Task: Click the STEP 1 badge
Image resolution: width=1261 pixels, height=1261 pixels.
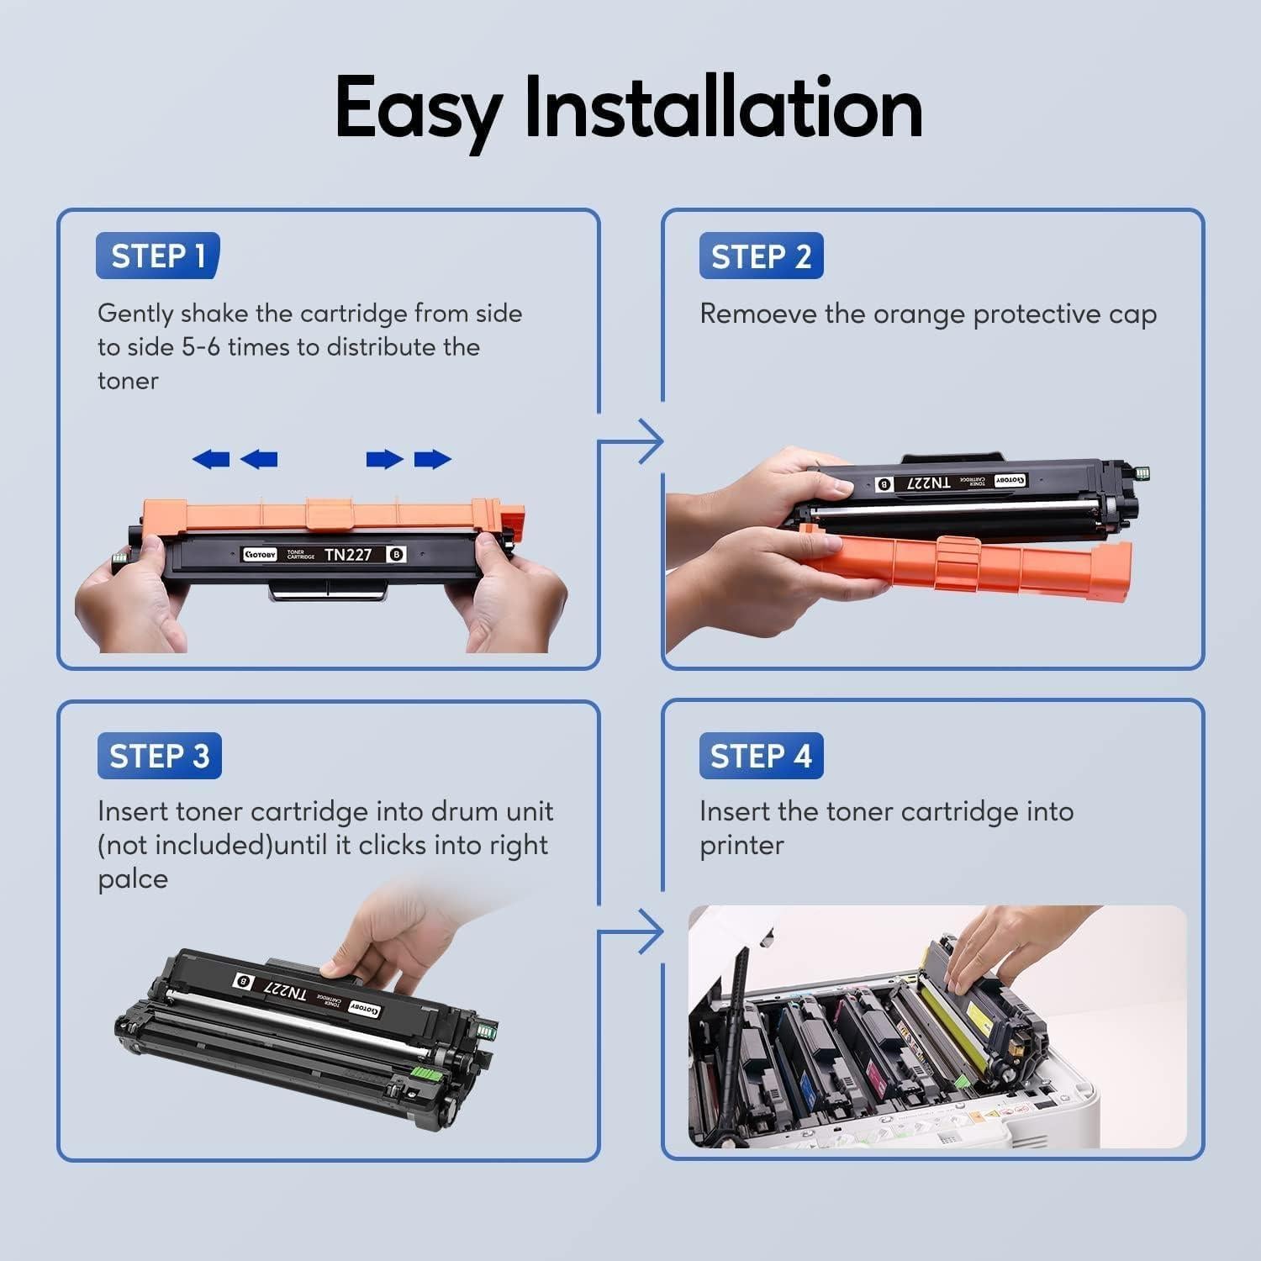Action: [x=158, y=256]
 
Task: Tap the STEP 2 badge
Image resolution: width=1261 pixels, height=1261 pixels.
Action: [x=761, y=256]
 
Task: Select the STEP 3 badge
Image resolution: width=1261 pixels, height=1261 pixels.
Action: [x=160, y=756]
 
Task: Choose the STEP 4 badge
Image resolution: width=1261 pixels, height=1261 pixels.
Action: [x=761, y=756]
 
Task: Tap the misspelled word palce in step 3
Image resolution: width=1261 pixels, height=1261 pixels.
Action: [x=133, y=879]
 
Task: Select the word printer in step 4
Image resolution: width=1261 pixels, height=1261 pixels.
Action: [x=741, y=846]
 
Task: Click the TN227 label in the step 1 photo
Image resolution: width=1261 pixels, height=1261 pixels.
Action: [x=348, y=555]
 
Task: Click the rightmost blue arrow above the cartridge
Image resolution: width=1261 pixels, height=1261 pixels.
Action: [x=433, y=459]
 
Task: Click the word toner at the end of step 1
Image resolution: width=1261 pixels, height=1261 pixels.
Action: [x=128, y=381]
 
